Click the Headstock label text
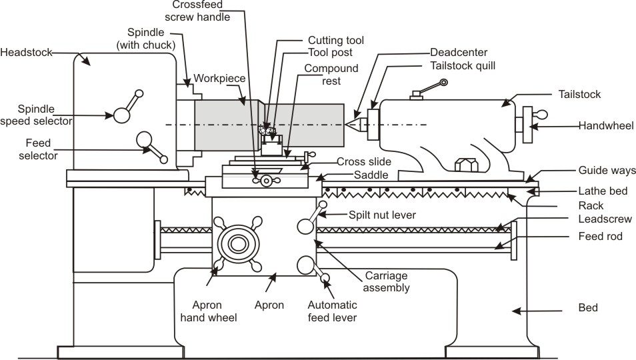(26, 52)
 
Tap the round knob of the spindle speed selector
(121, 115)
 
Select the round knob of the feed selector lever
(144, 139)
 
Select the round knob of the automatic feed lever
(306, 265)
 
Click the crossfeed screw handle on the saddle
(265, 181)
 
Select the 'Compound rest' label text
(331, 75)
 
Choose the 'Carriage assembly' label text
(387, 281)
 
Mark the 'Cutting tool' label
(336, 40)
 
